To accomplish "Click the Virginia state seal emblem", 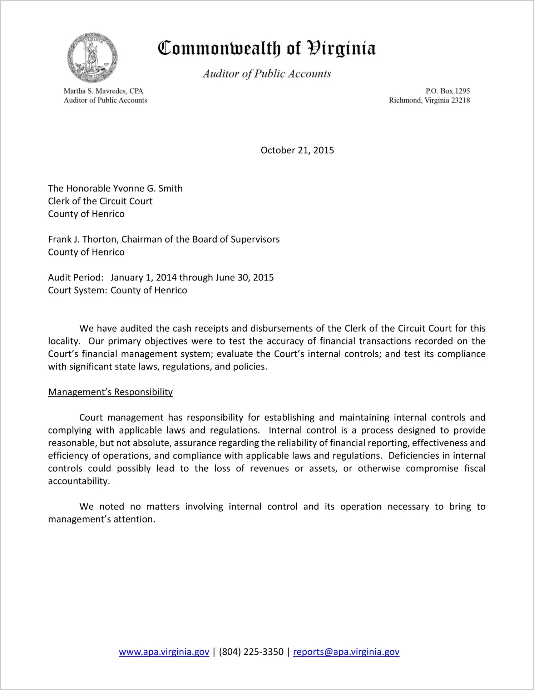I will [x=92, y=58].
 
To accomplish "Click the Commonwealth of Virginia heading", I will [x=267, y=48].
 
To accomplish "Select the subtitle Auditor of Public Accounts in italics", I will [x=267, y=74].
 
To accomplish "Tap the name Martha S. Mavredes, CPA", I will [x=103, y=91].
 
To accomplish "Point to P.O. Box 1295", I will [x=448, y=91].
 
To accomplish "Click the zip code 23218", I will [x=460, y=100].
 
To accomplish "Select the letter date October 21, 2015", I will [x=297, y=150].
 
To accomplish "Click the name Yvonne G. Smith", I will [x=148, y=188].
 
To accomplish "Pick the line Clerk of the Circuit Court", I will [x=100, y=201].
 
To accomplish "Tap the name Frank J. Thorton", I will [x=82, y=239].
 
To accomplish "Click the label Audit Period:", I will [x=76, y=278].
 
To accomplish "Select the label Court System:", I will [x=78, y=290].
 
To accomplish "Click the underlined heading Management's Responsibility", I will [x=110, y=392].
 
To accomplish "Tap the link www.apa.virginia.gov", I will [x=164, y=652].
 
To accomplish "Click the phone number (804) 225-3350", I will [x=251, y=652].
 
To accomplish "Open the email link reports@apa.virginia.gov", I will [x=346, y=652].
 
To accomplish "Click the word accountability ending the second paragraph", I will [x=78, y=481].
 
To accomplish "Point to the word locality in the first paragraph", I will [x=63, y=341].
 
